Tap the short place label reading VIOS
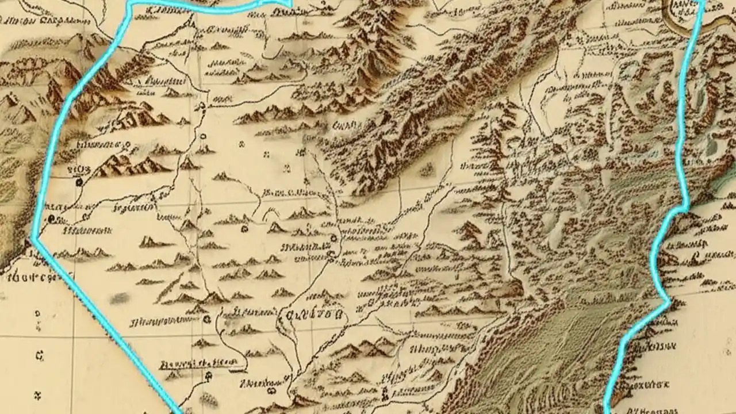point(75,168)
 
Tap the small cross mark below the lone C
point(39,395)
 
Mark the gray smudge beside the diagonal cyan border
point(120,298)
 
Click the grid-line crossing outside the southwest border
point(72,336)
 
